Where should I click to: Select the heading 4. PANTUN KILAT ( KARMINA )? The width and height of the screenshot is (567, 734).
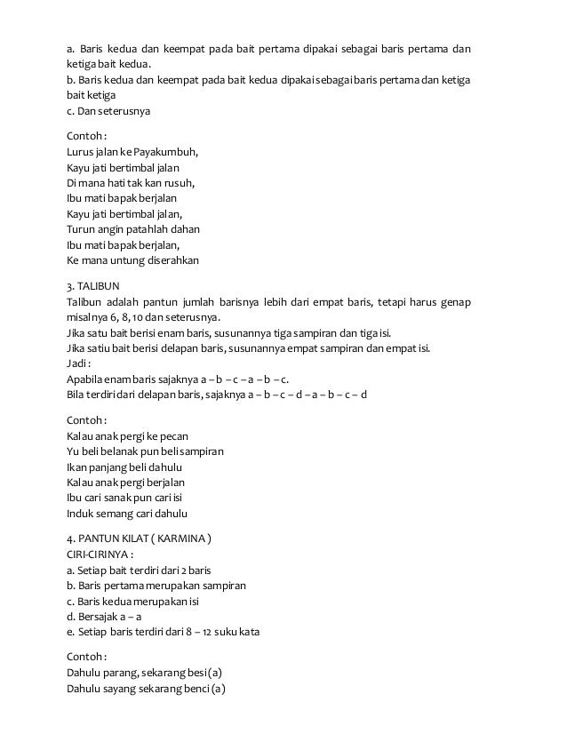coord(140,539)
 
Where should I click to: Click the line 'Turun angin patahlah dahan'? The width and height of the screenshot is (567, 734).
coord(132,229)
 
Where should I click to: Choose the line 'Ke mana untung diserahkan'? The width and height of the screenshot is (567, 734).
coord(132,261)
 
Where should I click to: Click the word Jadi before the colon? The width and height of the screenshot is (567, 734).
coord(79,363)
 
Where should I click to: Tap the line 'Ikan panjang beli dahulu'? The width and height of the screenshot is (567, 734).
coord(124,467)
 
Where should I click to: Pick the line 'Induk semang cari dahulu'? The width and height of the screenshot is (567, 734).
coord(127,514)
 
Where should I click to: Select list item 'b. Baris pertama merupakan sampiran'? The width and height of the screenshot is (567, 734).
coord(156,586)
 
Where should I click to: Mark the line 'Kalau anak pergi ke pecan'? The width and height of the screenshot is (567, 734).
coord(129,435)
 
